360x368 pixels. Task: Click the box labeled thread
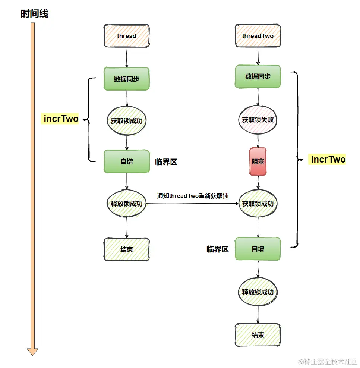tap(127, 36)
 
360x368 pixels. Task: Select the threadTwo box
tap(258, 36)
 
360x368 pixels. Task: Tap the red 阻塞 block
tap(258, 162)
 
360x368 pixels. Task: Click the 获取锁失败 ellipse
tap(258, 120)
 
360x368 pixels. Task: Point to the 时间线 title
tap(34, 14)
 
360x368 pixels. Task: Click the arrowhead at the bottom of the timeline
tap(32, 351)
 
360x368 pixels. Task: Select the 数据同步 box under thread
tap(127, 79)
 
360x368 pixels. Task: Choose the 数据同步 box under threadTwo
tap(258, 77)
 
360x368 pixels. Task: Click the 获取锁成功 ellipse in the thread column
tap(127, 121)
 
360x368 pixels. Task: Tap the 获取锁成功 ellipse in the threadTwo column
tap(258, 204)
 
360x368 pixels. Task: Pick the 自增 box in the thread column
tap(127, 162)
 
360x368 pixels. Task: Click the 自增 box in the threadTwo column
tap(258, 249)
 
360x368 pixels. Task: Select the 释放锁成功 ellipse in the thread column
tap(127, 204)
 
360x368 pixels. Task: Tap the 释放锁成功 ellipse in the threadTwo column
tap(258, 292)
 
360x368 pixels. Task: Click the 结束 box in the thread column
tap(127, 249)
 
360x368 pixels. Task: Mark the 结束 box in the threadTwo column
tap(258, 334)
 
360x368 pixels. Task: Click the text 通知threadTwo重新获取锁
tap(193, 196)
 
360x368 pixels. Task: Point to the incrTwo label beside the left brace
tap(61, 119)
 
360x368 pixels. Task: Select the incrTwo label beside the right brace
tap(328, 160)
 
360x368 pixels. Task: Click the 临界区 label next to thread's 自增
tap(166, 162)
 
